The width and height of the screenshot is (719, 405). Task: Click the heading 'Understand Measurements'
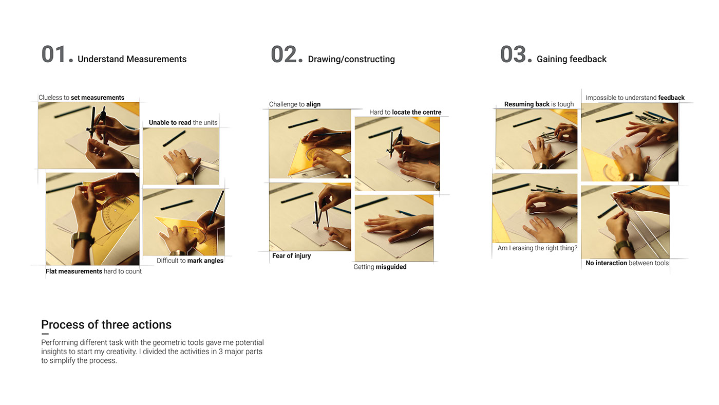(x=132, y=59)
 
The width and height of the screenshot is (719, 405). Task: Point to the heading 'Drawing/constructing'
(x=351, y=59)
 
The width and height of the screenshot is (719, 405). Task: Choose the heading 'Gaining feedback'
(x=572, y=59)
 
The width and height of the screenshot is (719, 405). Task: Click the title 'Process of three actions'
(x=106, y=325)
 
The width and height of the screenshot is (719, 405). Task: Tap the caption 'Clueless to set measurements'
(x=82, y=98)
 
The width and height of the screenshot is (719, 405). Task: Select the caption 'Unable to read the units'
(x=183, y=122)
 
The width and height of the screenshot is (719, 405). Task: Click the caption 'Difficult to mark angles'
(x=190, y=261)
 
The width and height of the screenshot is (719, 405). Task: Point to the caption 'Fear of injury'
(x=292, y=255)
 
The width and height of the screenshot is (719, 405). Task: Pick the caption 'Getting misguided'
(x=380, y=267)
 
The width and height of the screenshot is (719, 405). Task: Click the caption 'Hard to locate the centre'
(x=405, y=112)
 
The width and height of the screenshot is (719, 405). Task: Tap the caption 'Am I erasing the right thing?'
(x=537, y=248)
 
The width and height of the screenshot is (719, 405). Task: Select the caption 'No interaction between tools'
(x=627, y=263)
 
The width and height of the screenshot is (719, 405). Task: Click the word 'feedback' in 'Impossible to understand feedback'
(x=671, y=98)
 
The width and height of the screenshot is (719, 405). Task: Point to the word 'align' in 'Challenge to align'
(x=313, y=104)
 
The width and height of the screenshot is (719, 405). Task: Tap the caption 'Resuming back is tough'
(x=539, y=104)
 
